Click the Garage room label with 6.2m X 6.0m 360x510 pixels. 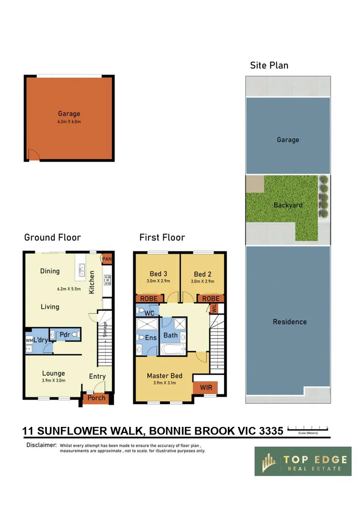[69, 117]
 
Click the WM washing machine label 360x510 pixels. [29, 340]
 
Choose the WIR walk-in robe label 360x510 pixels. [205, 387]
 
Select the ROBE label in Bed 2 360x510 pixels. [210, 298]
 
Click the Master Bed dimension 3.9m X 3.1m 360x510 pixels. [164, 383]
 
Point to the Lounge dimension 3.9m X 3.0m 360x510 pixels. [53, 380]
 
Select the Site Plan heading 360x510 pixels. [269, 65]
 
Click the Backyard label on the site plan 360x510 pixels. [288, 205]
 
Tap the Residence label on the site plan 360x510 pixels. [289, 322]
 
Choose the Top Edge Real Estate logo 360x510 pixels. [303, 461]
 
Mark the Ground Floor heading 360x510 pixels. [52, 237]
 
